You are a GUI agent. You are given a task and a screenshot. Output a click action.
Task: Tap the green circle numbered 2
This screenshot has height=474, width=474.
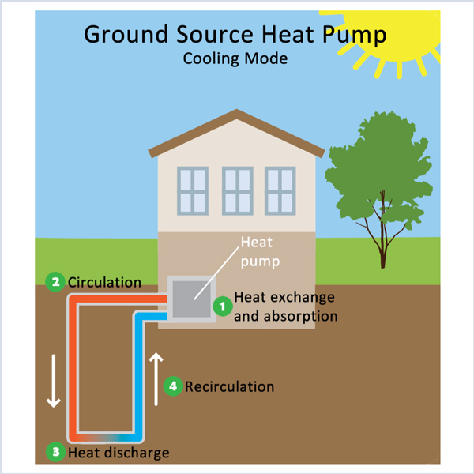55,282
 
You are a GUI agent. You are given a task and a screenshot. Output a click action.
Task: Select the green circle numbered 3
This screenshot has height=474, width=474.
55,453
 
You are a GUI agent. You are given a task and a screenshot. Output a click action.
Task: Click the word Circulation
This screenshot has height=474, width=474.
105,282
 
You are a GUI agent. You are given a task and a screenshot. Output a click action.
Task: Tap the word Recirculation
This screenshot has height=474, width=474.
229,386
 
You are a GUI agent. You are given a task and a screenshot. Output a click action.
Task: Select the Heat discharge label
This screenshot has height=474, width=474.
118,453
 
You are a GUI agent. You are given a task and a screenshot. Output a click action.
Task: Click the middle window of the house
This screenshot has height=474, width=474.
238,190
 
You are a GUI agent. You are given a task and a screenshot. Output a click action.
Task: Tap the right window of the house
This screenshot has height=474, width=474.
280,190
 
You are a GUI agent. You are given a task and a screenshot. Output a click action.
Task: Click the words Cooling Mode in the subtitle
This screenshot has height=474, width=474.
235,58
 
